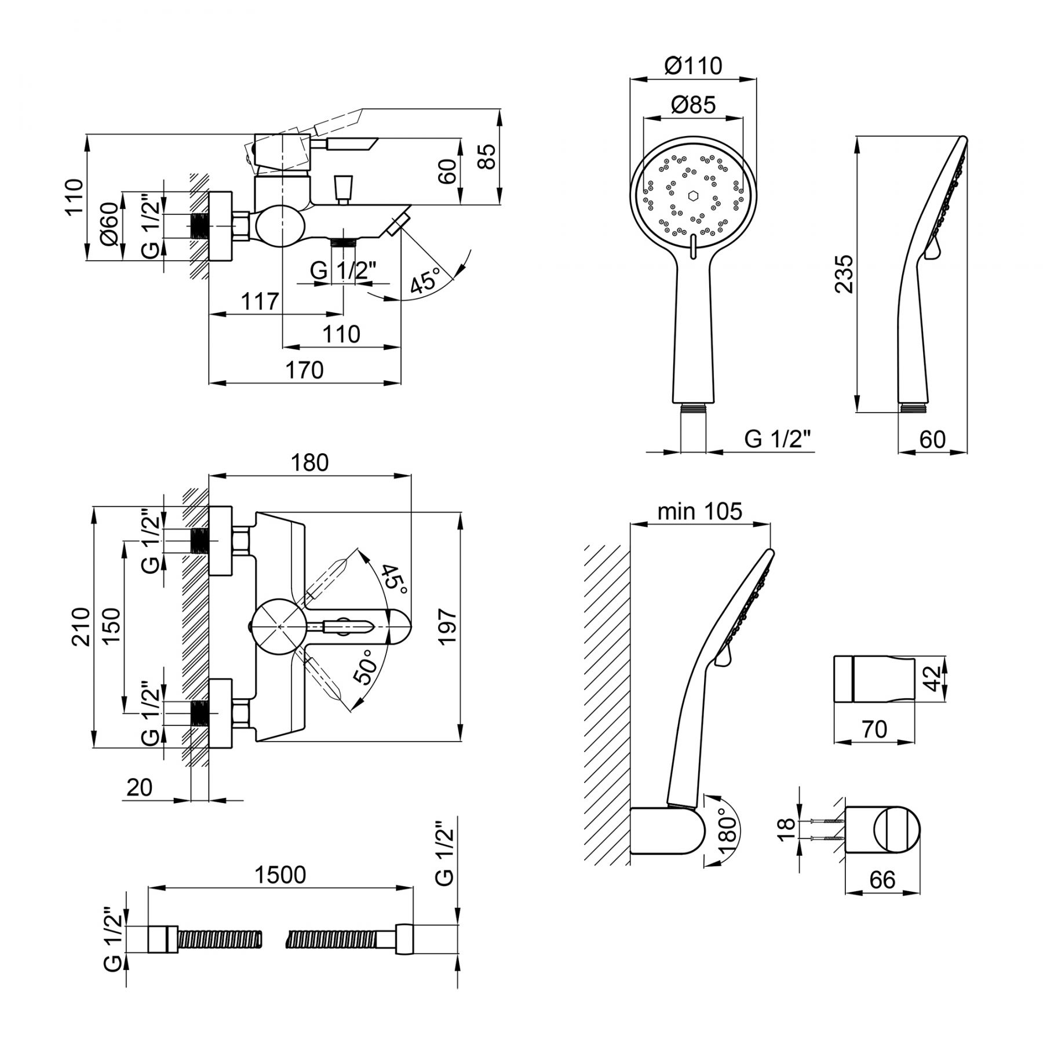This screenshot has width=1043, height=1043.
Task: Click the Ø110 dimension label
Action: click(x=693, y=65)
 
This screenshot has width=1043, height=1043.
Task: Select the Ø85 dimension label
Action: click(x=693, y=105)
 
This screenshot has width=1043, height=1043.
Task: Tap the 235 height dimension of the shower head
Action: click(x=844, y=273)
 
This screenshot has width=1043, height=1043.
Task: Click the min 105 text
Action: click(x=699, y=511)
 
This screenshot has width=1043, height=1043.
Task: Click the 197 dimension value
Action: click(x=448, y=626)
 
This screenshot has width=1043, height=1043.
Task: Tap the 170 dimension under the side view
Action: click(x=305, y=370)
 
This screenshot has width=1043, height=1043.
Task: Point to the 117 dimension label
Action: click(x=260, y=301)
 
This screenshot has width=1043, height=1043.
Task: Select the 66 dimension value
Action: click(x=882, y=880)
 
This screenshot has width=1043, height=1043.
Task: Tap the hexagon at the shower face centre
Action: click(x=693, y=195)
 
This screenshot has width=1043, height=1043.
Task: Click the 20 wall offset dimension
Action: click(x=139, y=787)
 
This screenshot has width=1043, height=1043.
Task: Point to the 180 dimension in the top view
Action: click(x=310, y=462)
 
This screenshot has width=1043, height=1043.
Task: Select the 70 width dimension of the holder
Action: click(x=874, y=729)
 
